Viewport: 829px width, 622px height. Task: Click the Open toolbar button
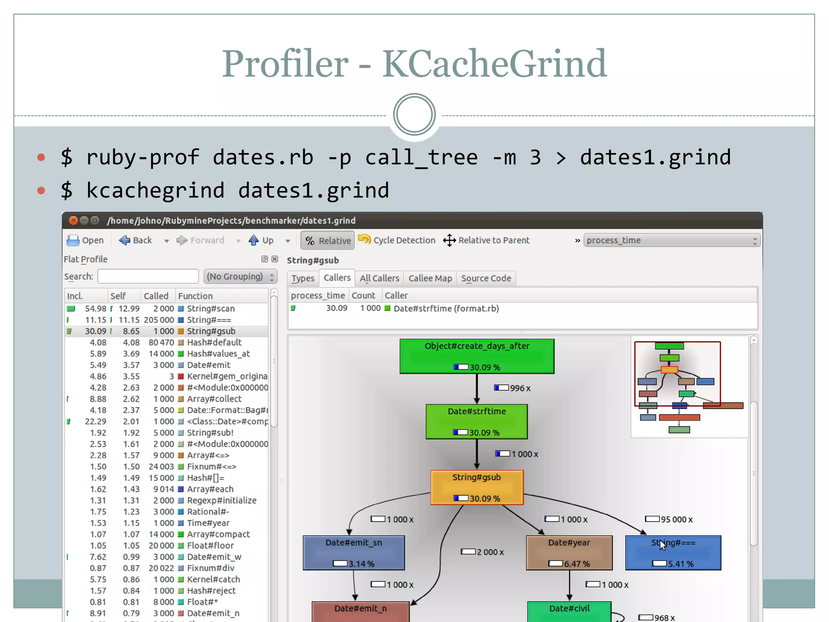tap(85, 240)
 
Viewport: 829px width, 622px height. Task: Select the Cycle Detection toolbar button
tap(397, 240)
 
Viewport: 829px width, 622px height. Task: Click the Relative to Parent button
tap(486, 240)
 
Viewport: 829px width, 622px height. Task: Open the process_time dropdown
tap(672, 240)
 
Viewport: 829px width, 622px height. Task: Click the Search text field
tap(148, 276)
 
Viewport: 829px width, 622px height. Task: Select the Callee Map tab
tap(430, 278)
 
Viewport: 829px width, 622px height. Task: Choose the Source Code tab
tap(486, 278)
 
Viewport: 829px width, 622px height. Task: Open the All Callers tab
tap(379, 278)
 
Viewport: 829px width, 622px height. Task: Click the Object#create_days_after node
tap(477, 356)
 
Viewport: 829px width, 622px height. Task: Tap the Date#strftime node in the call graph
tap(476, 422)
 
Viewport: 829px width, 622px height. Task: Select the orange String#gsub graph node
tap(477, 487)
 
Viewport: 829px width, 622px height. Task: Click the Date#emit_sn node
tap(353, 553)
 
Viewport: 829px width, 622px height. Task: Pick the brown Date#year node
tap(569, 553)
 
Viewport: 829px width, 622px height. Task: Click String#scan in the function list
tap(210, 309)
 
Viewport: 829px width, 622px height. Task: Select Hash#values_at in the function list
tap(218, 354)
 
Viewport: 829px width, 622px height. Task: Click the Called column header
tap(156, 296)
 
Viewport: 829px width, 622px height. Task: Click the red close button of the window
tap(73, 220)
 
